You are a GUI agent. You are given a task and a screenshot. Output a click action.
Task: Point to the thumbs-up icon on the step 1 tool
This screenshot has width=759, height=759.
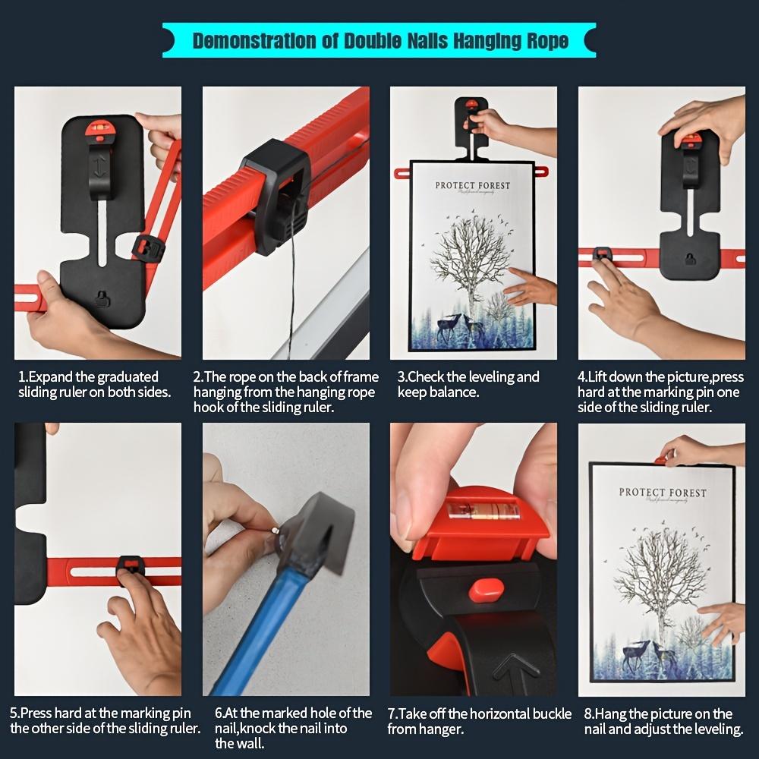(102, 298)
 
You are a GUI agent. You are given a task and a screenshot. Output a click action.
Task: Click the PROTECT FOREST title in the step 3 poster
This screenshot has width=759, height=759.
(472, 186)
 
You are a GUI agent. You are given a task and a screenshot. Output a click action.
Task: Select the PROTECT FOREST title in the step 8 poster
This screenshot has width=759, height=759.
(662, 493)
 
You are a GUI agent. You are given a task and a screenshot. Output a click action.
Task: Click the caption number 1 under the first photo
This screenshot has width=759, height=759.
(22, 377)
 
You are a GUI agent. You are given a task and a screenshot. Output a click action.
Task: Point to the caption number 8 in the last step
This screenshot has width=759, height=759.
(588, 714)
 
